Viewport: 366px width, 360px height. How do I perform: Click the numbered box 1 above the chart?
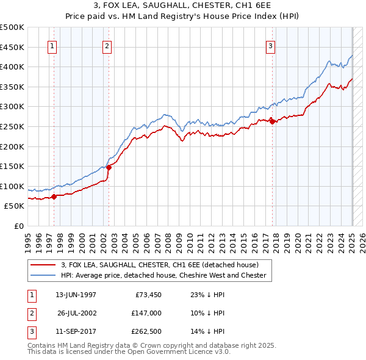click(52, 45)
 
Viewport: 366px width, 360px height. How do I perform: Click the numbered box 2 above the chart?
click(107, 45)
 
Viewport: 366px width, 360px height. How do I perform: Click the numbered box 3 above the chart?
click(270, 45)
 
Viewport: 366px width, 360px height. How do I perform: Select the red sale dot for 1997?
click(54, 196)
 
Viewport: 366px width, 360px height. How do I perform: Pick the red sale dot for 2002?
click(109, 167)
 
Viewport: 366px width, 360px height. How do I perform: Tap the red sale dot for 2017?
click(272, 121)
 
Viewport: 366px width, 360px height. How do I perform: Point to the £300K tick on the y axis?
click(13, 107)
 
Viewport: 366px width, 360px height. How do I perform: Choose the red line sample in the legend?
click(43, 265)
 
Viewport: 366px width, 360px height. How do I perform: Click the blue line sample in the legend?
click(43, 275)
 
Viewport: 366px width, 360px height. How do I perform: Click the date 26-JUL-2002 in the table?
click(76, 313)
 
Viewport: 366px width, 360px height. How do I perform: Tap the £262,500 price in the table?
click(146, 331)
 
